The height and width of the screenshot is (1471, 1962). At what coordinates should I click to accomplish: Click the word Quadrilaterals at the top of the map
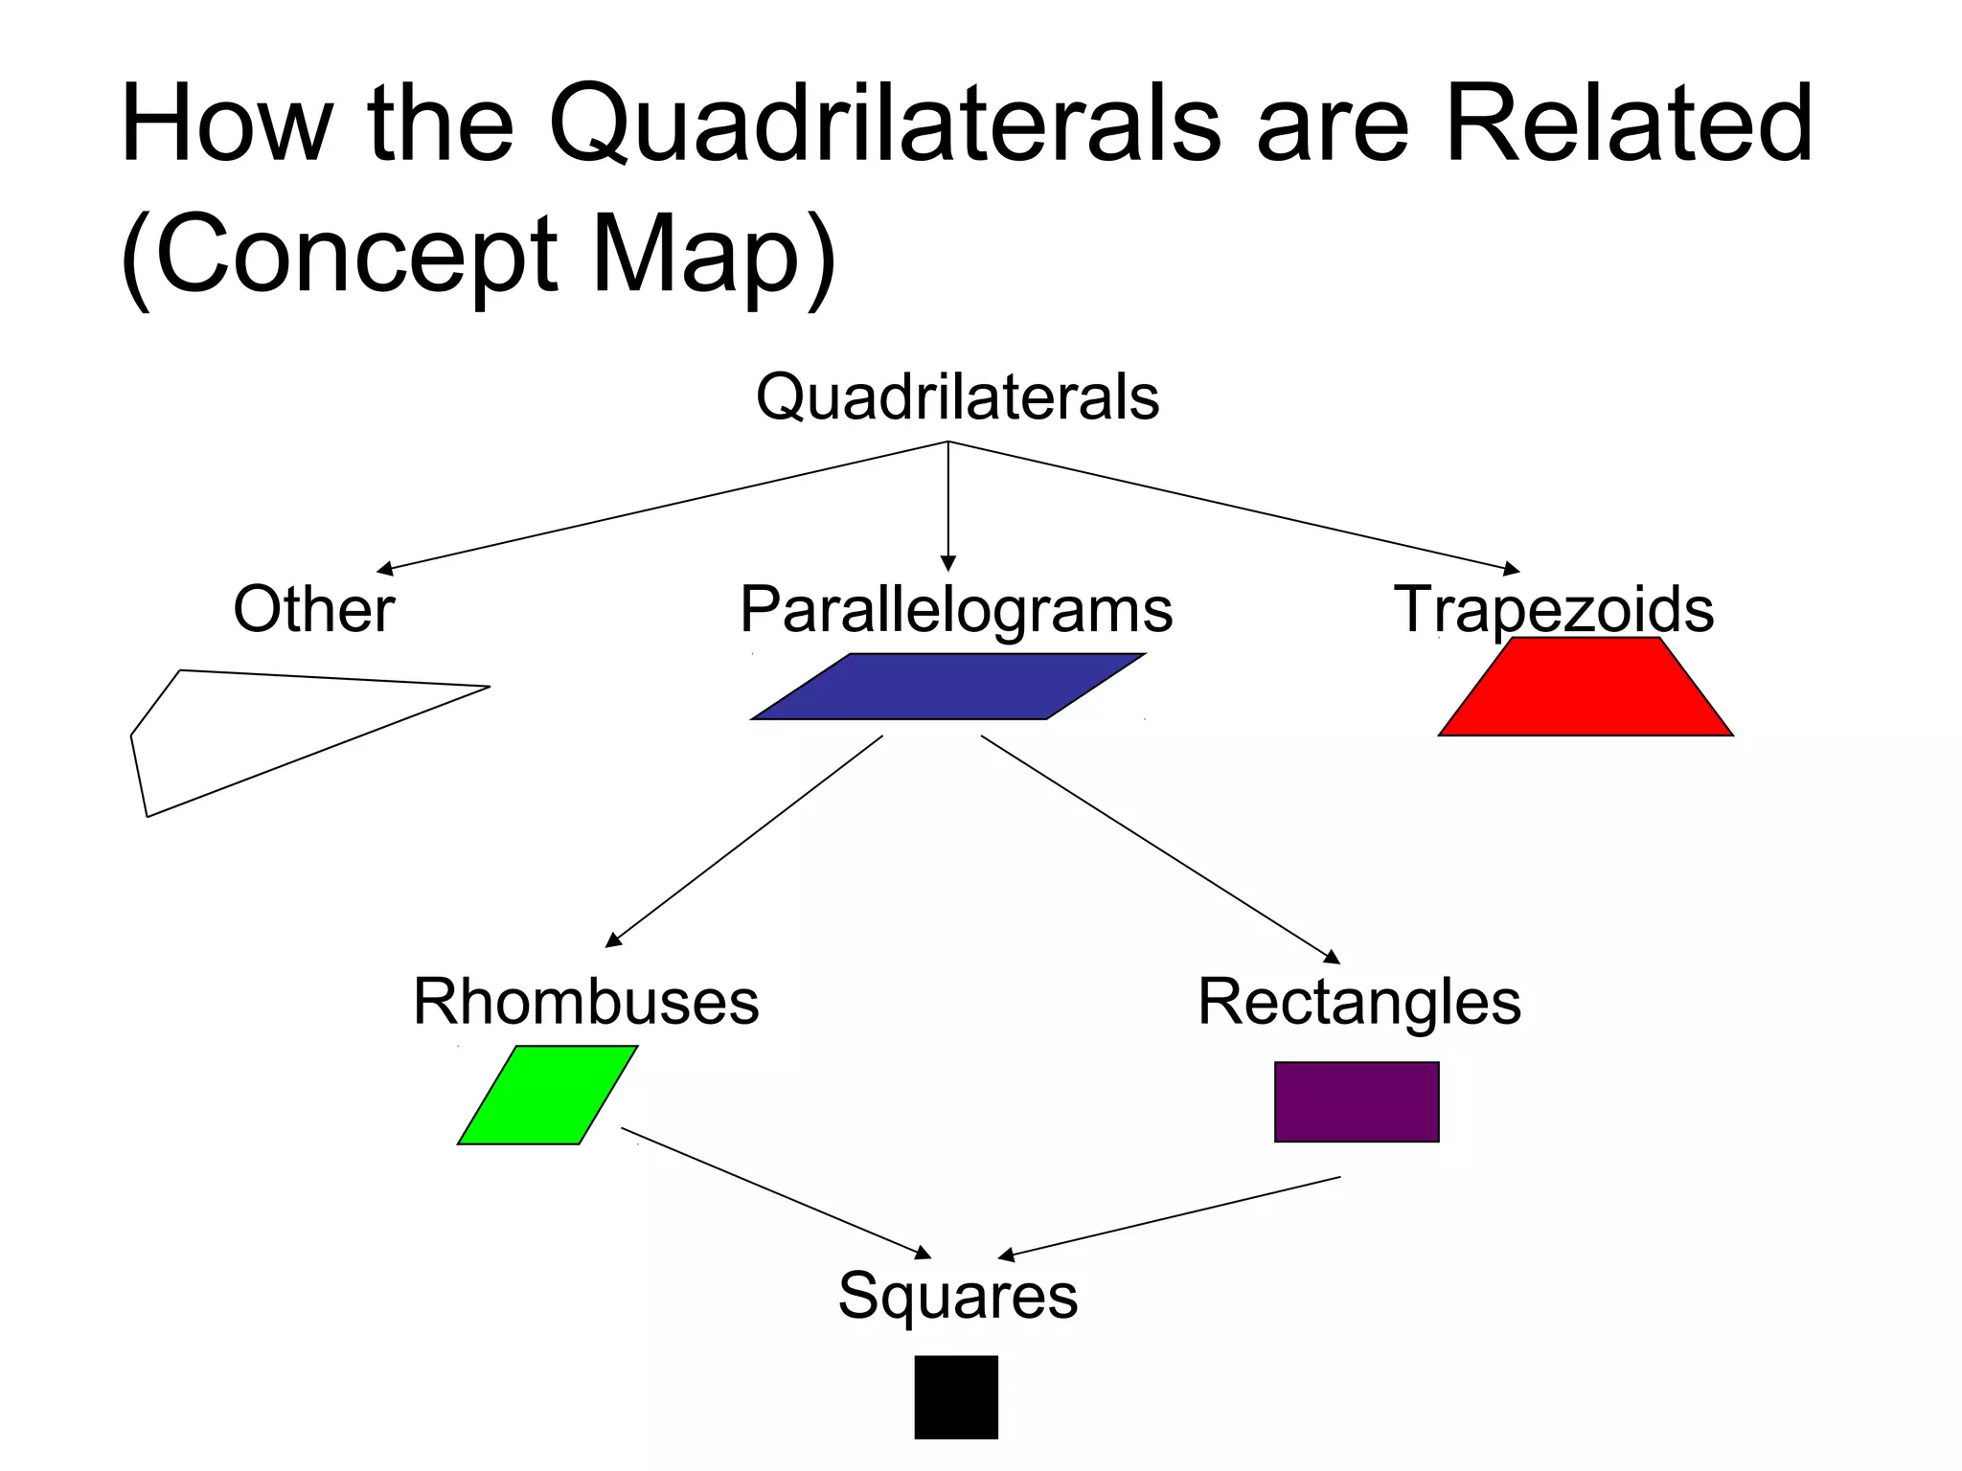pos(957,397)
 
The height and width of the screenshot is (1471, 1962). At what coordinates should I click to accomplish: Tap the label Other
pos(313,609)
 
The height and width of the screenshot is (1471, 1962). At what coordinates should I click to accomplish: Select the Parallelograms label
pos(956,610)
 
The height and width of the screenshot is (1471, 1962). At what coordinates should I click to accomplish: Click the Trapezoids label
pos(1553,609)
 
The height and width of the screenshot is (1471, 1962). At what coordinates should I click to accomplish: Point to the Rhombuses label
pos(585,1002)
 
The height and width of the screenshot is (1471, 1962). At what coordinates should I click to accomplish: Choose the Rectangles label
pos(1358,1002)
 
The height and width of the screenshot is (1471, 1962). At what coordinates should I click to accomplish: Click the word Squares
pos(957,1296)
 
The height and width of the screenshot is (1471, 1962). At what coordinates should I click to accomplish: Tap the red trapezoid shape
pos(1586,690)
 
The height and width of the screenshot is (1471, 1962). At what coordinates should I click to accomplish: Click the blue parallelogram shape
pos(947,687)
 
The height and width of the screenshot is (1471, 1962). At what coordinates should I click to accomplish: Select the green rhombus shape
pos(547,1095)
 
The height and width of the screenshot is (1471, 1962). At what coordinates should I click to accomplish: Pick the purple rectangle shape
pos(1357,1101)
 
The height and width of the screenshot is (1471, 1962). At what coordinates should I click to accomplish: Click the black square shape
pos(956,1396)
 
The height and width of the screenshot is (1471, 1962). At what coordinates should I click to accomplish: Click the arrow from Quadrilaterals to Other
pos(661,507)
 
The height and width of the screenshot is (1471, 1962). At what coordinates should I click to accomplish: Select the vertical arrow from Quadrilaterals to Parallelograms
pos(947,508)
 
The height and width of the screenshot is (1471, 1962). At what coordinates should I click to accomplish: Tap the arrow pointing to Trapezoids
pos(1236,508)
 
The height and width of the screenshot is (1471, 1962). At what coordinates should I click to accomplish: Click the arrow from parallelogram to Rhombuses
pos(743,842)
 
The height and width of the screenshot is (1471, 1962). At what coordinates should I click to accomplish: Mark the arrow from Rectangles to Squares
pos(1169,1216)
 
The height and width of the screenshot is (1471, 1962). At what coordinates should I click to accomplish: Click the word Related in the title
pos(1628,124)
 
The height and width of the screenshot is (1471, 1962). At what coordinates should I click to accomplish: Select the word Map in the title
pos(696,255)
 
